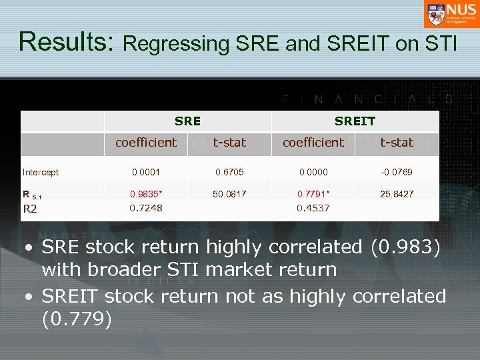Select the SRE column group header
click(187, 121)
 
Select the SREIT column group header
click(355, 121)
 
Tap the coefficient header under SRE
click(146, 142)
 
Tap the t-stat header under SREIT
click(397, 142)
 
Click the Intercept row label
click(41, 172)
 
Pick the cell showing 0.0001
click(145, 172)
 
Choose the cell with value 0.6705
click(229, 172)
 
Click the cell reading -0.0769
click(397, 172)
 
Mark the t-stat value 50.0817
click(229, 194)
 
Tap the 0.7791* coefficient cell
click(314, 194)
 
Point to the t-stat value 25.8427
click(397, 194)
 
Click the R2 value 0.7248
click(145, 208)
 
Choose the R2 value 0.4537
click(313, 208)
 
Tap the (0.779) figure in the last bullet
click(76, 319)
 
